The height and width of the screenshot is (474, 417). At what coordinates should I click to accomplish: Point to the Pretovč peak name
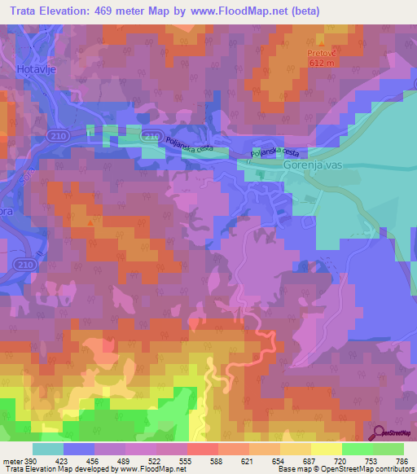click(322, 53)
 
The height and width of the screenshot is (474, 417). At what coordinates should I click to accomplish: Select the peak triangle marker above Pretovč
click(322, 43)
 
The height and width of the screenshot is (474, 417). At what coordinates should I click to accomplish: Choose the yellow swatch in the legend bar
click(326, 449)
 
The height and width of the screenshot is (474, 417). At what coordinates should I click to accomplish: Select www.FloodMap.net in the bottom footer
click(151, 468)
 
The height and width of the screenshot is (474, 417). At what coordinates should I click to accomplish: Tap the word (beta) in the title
click(300, 11)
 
